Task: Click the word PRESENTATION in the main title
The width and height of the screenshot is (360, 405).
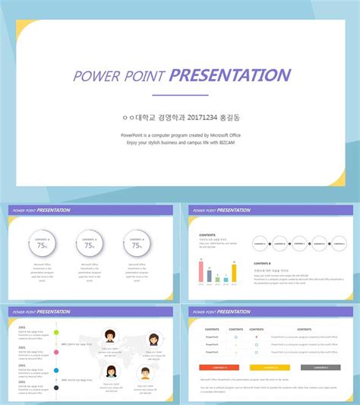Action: pyautogui.click(x=229, y=75)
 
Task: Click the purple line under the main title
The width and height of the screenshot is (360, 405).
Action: pyautogui.click(x=180, y=95)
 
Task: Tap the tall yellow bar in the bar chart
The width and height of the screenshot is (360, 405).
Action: pyautogui.click(x=234, y=272)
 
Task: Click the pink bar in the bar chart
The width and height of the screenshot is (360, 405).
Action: pyautogui.click(x=201, y=271)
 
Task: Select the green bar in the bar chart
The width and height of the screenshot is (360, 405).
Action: pyautogui.click(x=217, y=278)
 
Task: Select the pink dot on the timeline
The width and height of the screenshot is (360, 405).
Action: pyautogui.click(x=56, y=352)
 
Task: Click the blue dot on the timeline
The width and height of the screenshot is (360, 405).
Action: pyautogui.click(x=56, y=371)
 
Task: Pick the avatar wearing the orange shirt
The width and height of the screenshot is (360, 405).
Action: pyautogui.click(x=145, y=373)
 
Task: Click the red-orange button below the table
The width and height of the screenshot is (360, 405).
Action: pyautogui.click(x=219, y=367)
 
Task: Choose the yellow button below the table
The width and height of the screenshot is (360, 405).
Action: pyautogui.click(x=270, y=367)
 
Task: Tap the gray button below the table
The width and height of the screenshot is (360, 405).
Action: pyautogui.click(x=320, y=367)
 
